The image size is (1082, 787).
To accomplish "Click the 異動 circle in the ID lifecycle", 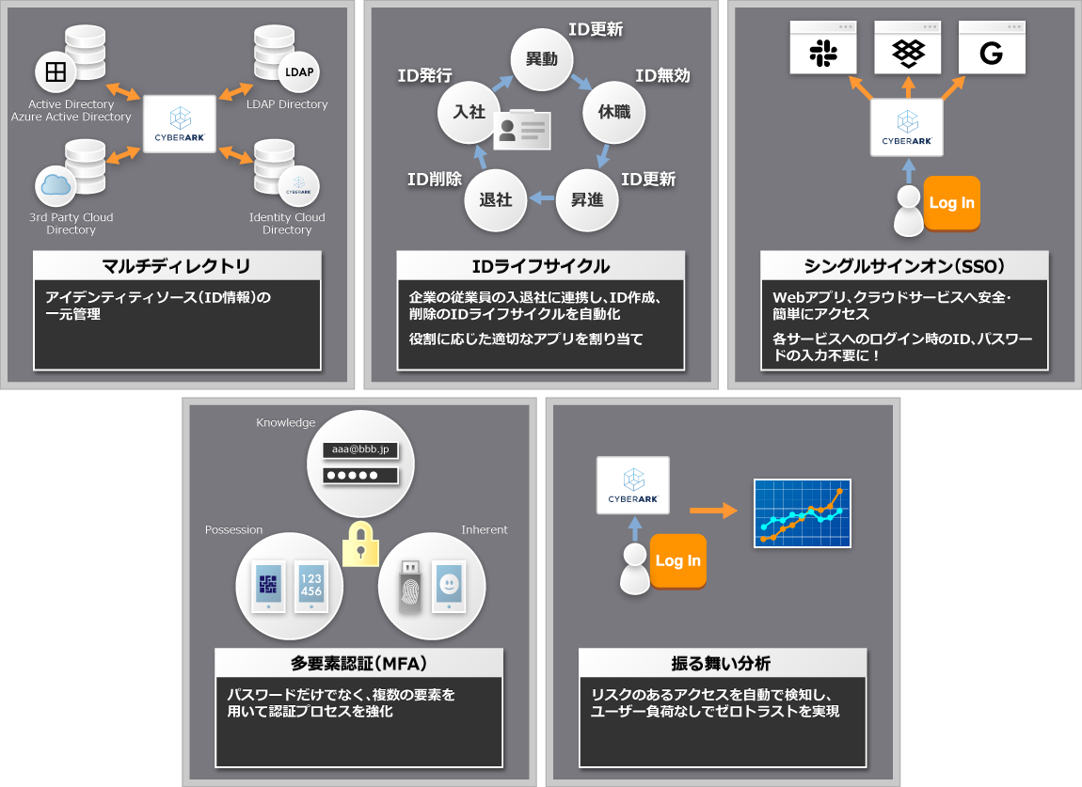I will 541,59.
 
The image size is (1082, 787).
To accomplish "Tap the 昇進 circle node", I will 587,200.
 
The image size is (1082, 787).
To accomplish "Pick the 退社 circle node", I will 496,199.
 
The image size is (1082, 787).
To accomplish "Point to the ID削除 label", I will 434,178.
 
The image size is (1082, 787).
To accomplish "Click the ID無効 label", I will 662,75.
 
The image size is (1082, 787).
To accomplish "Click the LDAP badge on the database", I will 298,71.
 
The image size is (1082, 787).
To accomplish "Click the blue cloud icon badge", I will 56,185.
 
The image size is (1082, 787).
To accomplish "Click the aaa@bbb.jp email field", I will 359,449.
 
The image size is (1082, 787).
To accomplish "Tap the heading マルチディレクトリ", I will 177,265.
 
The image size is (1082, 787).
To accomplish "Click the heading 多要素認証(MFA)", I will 359,664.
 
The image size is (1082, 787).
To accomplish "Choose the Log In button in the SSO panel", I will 951,203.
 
